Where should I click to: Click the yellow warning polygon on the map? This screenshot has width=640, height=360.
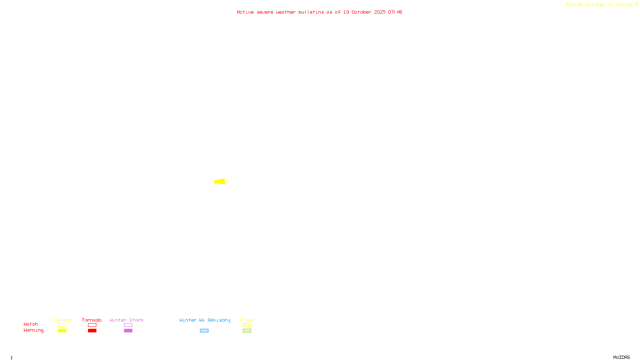tap(220, 182)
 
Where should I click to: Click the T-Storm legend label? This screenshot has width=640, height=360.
tap(62, 320)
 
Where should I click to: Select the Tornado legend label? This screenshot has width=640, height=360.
tap(92, 320)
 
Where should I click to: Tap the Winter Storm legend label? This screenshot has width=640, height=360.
tap(126, 320)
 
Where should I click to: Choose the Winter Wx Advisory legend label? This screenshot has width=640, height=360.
tap(205, 320)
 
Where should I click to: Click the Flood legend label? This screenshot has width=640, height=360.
tap(247, 320)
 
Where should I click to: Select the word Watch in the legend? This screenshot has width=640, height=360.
tap(31, 324)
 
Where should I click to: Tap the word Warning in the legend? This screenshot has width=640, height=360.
tap(33, 330)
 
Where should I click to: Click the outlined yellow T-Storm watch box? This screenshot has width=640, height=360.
tap(62, 325)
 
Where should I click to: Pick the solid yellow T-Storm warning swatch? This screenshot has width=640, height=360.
tap(62, 331)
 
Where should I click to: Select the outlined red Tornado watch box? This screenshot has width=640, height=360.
tap(92, 325)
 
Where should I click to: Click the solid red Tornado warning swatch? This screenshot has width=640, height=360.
tap(92, 331)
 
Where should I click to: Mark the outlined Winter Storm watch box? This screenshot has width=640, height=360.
tap(128, 325)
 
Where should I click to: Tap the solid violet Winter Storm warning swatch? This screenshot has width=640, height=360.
tap(128, 331)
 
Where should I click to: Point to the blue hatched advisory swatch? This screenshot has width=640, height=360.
tap(204, 331)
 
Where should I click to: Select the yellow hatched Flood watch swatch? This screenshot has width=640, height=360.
tap(247, 325)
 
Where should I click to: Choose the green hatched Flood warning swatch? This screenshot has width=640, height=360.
tap(247, 331)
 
